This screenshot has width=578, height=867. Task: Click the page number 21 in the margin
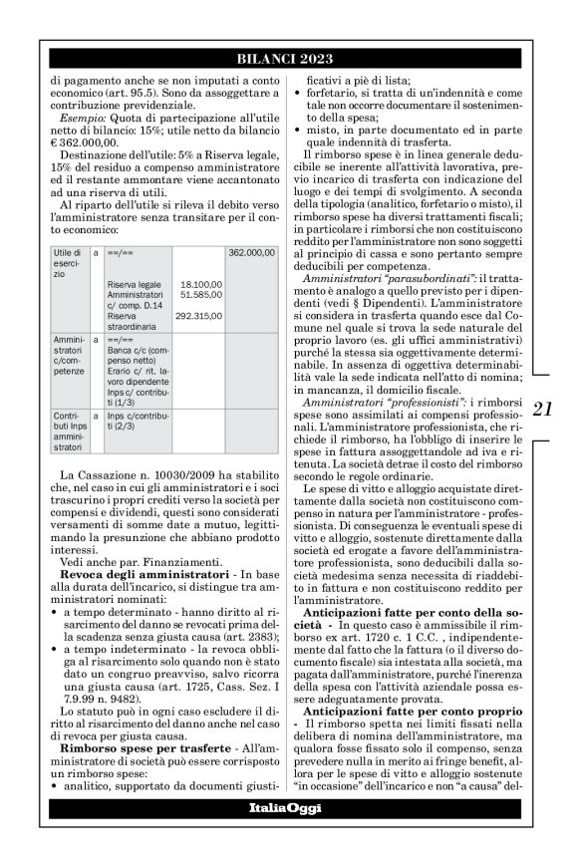[x=544, y=408]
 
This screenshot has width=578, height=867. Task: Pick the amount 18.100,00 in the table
[x=200, y=284]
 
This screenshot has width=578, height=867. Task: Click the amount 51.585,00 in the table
[x=200, y=295]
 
